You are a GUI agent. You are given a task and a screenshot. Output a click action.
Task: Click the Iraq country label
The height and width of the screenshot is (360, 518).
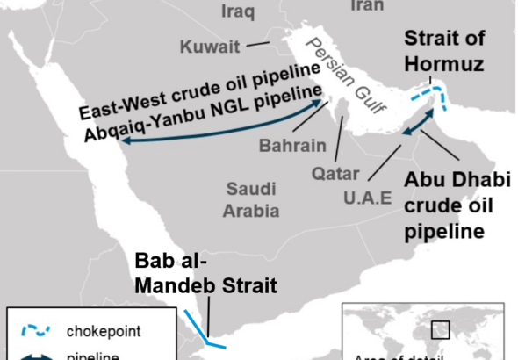point(238,11)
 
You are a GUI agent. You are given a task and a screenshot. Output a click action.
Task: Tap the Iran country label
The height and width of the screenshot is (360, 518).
point(367,6)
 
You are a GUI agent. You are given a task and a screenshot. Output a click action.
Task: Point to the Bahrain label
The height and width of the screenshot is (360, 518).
point(291,144)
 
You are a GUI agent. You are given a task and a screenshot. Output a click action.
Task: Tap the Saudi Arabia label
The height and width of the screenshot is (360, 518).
point(252,199)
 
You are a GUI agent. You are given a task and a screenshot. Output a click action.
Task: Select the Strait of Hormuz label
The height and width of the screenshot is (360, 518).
point(443,51)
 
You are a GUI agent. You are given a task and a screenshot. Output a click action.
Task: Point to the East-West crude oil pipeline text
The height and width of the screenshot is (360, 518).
point(197,90)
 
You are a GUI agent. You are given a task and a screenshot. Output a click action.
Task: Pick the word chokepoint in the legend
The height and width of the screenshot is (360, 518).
point(103,331)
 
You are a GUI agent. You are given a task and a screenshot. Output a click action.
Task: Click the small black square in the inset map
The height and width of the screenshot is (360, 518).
point(440,330)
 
